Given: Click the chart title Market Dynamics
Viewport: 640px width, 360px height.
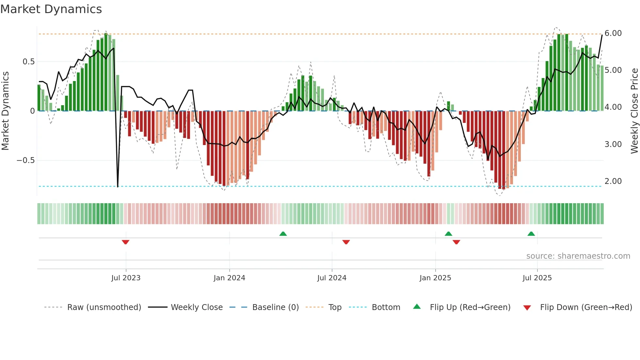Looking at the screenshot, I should (51, 9).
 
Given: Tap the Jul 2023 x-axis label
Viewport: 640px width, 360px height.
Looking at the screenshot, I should (126, 278).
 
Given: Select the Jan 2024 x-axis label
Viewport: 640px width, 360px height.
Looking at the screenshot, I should (229, 278).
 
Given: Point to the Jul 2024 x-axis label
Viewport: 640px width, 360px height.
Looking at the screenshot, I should (332, 278).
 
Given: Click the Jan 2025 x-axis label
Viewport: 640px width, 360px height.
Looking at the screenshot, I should (435, 278).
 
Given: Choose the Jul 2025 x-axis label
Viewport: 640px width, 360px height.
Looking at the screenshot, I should (537, 278).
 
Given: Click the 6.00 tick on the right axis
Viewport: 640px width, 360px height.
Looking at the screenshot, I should (613, 33).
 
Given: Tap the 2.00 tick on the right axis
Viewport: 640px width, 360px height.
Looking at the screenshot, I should (613, 181).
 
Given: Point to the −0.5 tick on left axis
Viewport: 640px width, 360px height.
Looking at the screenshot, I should (25, 160).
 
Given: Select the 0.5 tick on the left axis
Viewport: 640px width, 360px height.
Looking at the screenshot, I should (28, 62).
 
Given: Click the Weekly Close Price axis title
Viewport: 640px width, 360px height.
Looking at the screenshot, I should (634, 111).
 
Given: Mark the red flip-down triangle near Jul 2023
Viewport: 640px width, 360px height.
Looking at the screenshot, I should (125, 242).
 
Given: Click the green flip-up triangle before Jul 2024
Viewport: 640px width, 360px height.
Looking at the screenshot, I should (283, 234).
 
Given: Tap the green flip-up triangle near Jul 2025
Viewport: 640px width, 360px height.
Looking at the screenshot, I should (531, 234).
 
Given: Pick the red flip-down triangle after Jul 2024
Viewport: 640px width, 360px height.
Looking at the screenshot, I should (346, 242).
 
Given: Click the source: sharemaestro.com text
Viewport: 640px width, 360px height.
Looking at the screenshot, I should (578, 256).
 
